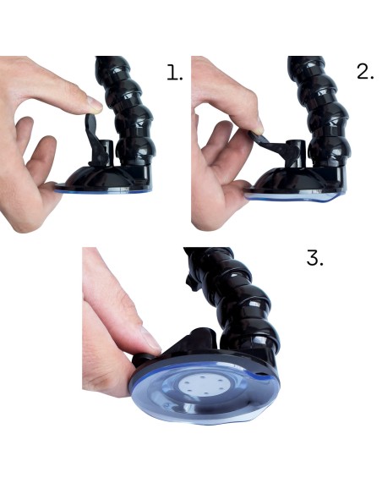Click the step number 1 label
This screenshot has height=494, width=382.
click(175, 73)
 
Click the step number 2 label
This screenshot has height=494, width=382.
click(366, 72)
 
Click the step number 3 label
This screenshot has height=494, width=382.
click(314, 258)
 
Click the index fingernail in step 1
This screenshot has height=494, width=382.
click(95, 104)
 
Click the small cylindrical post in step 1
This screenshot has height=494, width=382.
click(107, 151)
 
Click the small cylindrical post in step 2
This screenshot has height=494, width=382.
click(297, 151)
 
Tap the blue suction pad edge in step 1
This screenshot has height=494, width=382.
click(103, 191)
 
